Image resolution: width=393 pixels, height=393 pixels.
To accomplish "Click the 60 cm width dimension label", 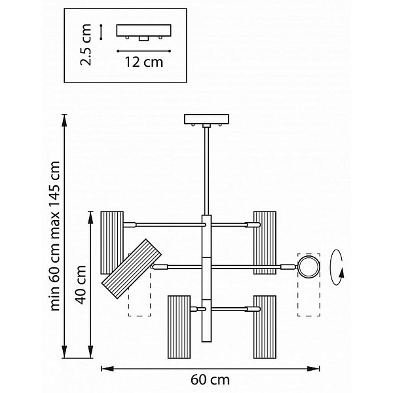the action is [210, 380].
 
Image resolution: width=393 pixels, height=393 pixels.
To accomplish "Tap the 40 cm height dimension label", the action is [81, 284].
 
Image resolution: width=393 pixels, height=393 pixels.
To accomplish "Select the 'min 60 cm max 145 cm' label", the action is [55, 236].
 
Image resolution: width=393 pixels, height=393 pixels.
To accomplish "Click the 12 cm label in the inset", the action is [144, 62].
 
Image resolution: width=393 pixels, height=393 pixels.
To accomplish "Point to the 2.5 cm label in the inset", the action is [85, 45].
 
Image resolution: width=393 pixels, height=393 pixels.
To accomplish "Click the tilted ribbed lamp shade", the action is [131, 269].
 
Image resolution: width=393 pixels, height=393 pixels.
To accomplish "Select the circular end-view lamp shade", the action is [309, 267].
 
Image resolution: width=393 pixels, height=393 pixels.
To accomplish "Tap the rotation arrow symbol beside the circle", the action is [337, 267].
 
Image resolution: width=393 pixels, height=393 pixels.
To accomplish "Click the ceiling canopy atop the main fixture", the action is [206, 120].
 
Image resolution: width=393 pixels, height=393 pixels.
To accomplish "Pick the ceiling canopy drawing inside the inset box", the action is [143, 32].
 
